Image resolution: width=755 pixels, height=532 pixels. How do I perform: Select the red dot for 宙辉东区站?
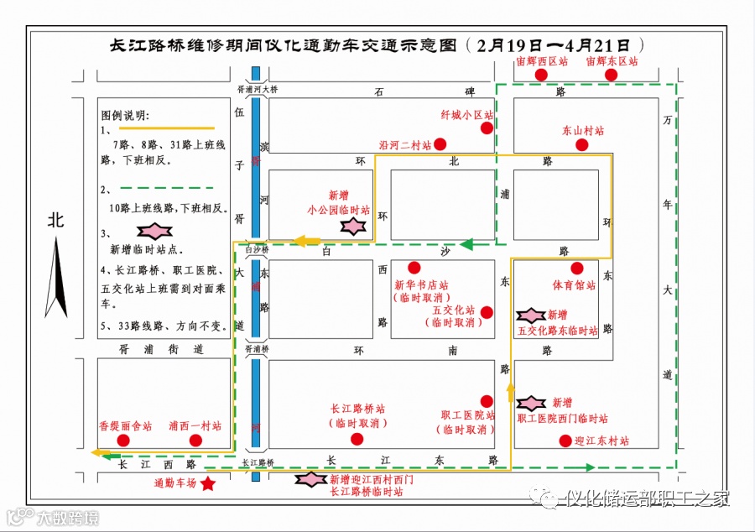click(612, 75)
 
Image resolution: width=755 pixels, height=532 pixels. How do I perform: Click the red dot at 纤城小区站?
click(487, 128)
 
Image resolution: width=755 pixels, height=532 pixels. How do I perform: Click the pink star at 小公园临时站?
click(354, 226)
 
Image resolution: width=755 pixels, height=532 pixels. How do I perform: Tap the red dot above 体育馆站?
click(576, 269)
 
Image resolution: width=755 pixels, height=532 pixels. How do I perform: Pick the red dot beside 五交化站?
click(487, 312)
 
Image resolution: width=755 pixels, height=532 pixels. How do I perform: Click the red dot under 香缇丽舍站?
click(123, 441)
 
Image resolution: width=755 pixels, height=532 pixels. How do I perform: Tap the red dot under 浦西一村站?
click(195, 441)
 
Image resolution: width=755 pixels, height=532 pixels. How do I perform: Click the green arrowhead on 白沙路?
click(466, 245)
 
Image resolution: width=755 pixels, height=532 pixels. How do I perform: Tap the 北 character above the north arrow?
click(56, 221)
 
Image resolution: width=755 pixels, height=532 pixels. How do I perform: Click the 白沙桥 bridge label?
click(257, 249)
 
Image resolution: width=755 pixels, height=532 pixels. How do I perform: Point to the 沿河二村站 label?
click(405, 145)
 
